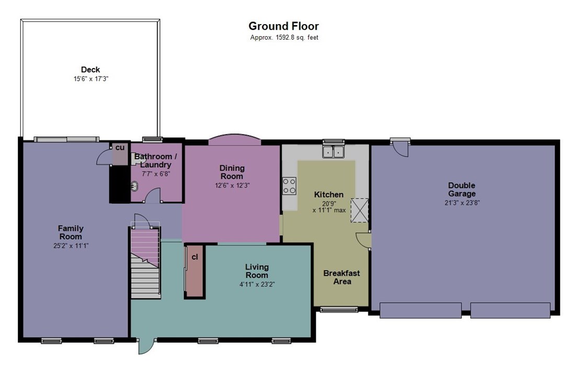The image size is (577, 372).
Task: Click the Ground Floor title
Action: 283,26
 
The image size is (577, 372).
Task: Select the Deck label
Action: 90,70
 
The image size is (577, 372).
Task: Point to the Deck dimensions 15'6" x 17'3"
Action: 91,79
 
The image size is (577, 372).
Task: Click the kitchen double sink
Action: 333,151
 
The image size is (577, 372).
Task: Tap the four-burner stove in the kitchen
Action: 289,186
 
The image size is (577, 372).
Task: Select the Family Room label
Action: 71,232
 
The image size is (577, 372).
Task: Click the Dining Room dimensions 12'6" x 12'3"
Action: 232,186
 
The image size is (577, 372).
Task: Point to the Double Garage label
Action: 462,189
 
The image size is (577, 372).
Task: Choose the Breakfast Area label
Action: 341,277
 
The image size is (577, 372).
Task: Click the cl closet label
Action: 194,257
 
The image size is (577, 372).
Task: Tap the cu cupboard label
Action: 120,148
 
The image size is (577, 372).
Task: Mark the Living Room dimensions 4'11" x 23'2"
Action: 257,284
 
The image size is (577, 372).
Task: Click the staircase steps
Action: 146,262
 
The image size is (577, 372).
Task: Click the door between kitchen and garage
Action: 363,240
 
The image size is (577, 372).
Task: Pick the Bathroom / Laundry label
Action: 156,161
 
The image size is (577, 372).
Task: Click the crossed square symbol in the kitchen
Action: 360,210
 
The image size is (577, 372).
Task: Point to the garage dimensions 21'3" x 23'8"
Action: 462,202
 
